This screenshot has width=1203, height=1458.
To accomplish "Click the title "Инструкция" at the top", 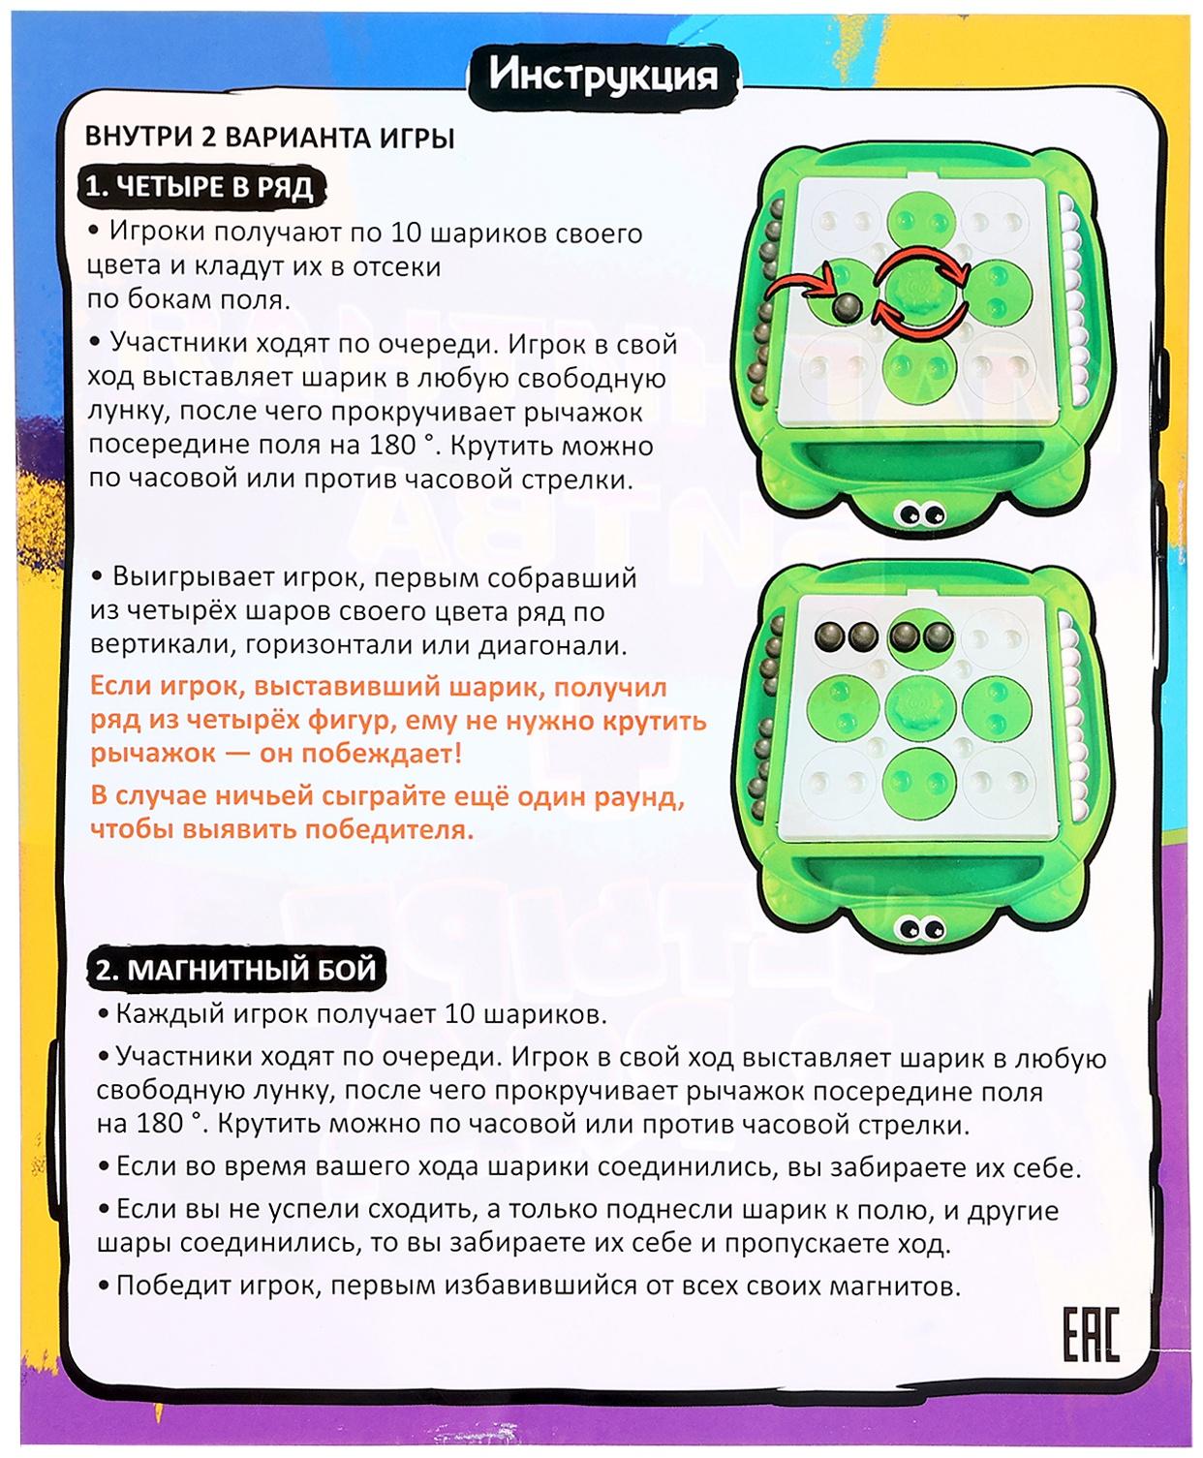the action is [602, 76].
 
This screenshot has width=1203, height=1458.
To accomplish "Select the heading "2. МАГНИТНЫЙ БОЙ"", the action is [235, 969].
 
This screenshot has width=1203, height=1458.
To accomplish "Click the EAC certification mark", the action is [1091, 1334].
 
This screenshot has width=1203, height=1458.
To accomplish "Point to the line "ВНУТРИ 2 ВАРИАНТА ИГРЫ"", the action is [270, 138].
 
